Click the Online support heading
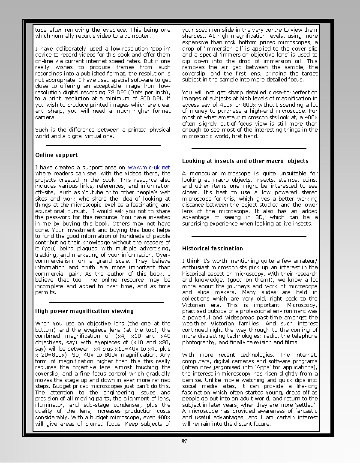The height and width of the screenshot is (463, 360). click(x=57, y=155)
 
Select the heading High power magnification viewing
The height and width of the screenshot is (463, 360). click(x=84, y=311)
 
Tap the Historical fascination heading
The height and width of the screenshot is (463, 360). click(x=212, y=249)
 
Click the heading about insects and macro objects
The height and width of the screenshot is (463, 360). click(x=245, y=161)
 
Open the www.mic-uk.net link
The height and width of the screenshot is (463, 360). click(x=149, y=168)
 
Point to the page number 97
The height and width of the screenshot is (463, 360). click(x=184, y=442)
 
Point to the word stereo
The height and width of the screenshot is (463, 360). click(x=309, y=192)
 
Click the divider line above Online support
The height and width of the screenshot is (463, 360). click(x=103, y=145)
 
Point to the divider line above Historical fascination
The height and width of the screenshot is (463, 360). click(x=249, y=236)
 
